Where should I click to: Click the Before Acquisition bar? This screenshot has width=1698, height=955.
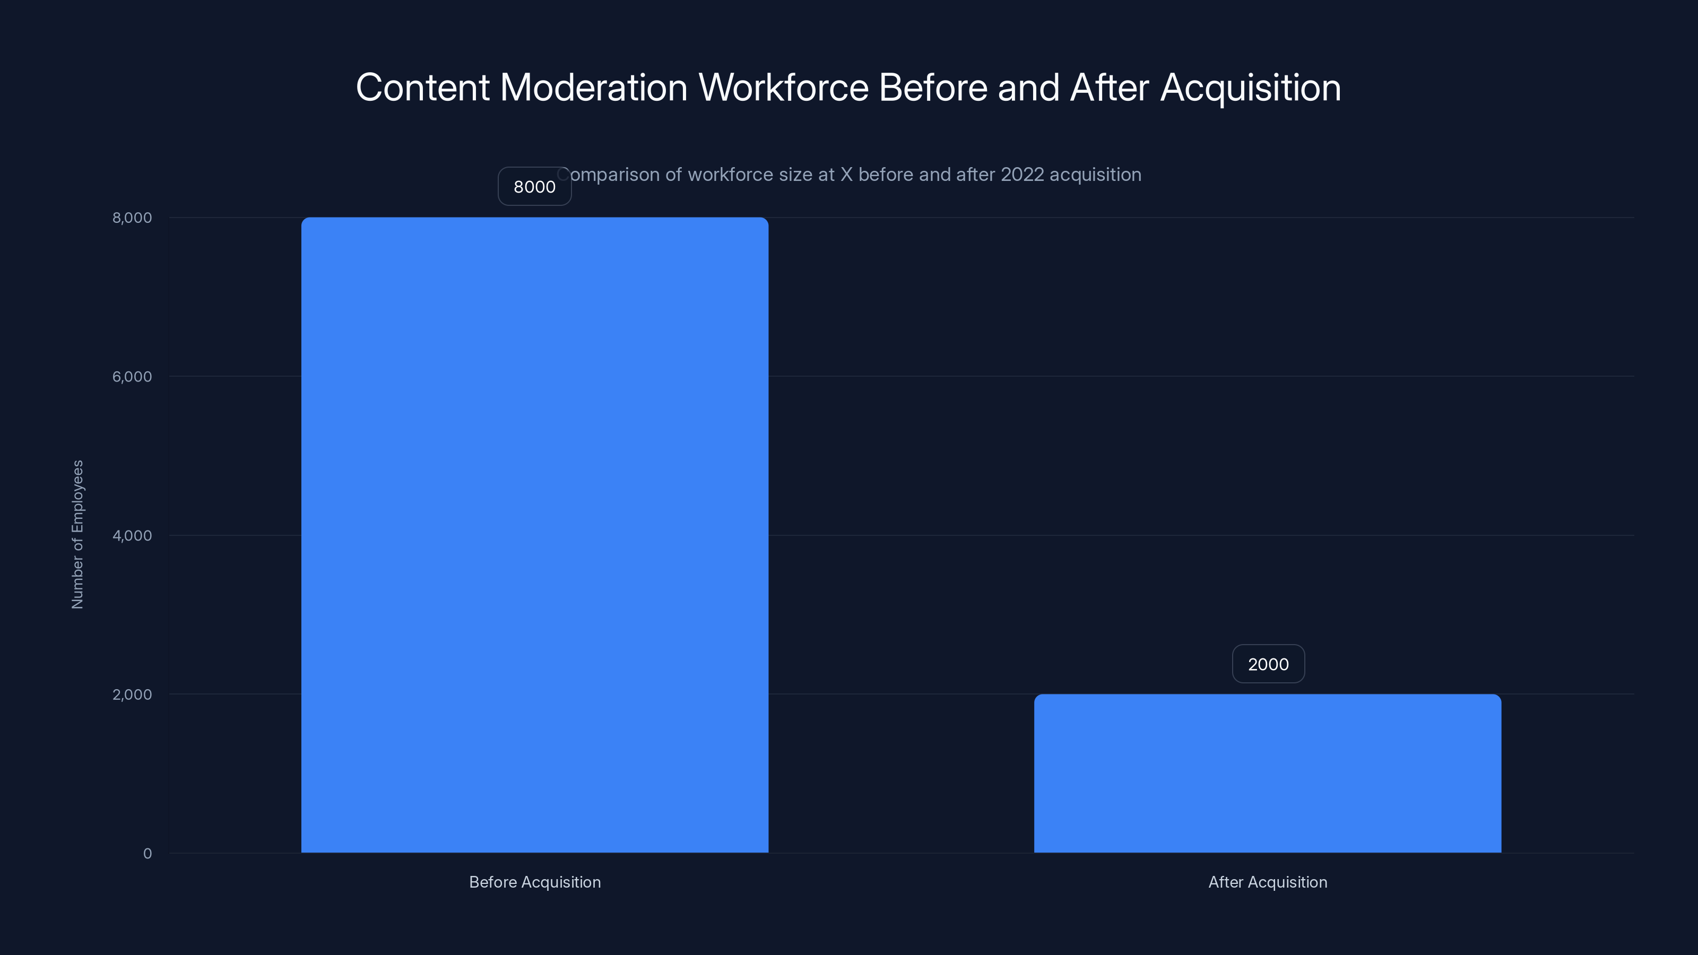(x=534, y=534)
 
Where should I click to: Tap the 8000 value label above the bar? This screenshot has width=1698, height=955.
(x=534, y=187)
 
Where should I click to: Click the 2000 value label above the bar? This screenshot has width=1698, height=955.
(x=1268, y=664)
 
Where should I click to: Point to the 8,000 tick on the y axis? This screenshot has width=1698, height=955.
(x=132, y=218)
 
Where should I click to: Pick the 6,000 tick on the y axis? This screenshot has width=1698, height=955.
(x=132, y=376)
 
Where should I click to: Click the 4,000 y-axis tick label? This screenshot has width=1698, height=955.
(x=132, y=535)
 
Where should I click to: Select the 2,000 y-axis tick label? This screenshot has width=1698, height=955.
(x=132, y=694)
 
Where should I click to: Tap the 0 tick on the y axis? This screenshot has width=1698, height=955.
(x=147, y=854)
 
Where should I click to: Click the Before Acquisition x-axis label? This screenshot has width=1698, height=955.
(x=534, y=882)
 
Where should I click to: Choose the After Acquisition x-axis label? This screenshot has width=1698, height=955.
(x=1268, y=882)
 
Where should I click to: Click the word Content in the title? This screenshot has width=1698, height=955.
(x=422, y=88)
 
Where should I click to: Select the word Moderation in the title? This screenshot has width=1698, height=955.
(x=594, y=88)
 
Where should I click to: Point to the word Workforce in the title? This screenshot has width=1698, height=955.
(x=784, y=88)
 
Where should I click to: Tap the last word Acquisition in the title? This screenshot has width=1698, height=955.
(x=1251, y=88)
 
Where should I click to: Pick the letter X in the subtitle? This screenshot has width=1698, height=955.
(x=846, y=175)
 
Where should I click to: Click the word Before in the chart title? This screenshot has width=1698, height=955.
(x=933, y=88)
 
